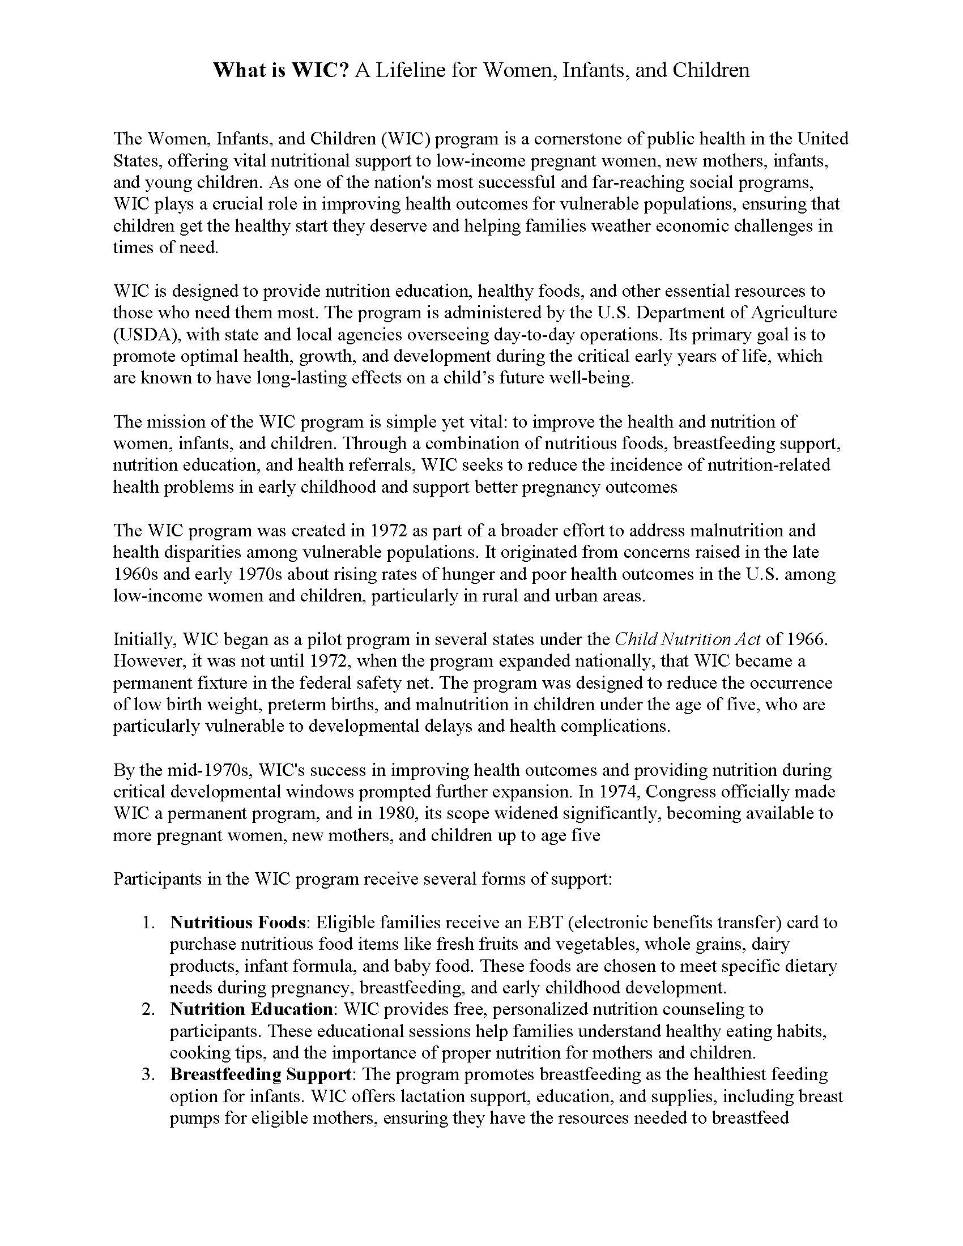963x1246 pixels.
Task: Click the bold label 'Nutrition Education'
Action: (251, 1009)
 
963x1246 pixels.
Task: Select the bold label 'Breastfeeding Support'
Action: (260, 1074)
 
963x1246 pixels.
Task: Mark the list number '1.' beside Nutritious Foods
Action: (149, 923)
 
